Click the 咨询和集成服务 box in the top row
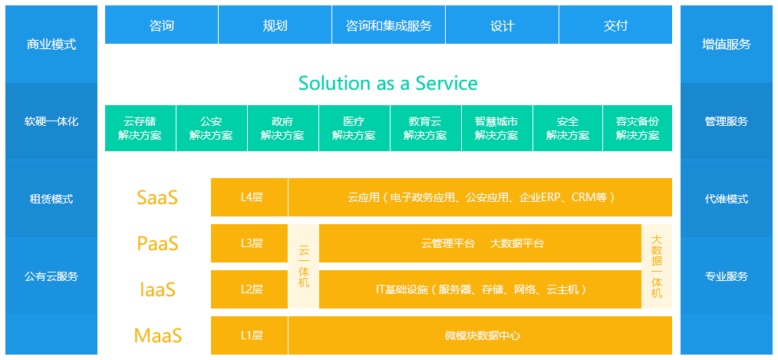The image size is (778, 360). (x=388, y=25)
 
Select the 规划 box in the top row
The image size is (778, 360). (x=275, y=25)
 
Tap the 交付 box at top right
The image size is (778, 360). (x=615, y=25)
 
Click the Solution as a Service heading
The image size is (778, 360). (x=387, y=83)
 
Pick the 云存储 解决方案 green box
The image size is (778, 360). (x=140, y=128)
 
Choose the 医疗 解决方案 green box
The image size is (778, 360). (x=354, y=128)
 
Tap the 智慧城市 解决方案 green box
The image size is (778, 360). (x=496, y=128)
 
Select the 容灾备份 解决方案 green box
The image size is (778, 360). (x=637, y=128)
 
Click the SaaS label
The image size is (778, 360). (x=157, y=197)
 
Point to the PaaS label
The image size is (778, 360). (x=157, y=243)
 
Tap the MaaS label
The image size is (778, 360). (x=157, y=335)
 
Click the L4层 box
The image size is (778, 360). (x=249, y=197)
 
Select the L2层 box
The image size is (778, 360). (x=249, y=289)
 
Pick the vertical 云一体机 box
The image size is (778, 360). (x=304, y=266)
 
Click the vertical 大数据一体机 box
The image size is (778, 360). (x=657, y=266)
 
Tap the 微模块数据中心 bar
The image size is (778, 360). (x=480, y=335)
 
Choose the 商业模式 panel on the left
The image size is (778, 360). (x=51, y=45)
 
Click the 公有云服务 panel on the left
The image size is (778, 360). (x=51, y=276)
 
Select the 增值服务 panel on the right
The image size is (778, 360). (x=726, y=45)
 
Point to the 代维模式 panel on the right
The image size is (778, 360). (x=726, y=199)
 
